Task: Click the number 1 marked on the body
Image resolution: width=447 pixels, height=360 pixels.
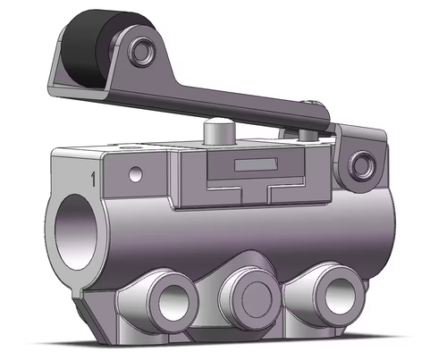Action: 93,179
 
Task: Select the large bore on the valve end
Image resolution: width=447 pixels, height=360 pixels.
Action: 76,232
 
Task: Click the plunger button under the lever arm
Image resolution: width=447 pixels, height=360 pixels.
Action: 220,130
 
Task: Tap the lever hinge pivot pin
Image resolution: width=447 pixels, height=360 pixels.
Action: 362,164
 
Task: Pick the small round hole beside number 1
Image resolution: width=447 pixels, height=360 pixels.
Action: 136,174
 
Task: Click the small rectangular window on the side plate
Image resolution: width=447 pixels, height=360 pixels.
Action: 257,164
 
